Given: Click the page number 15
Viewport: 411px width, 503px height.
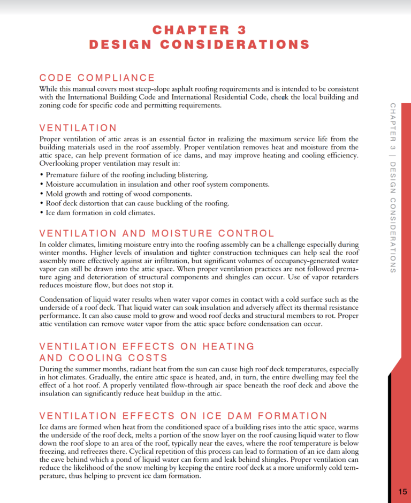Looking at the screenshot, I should (x=402, y=492).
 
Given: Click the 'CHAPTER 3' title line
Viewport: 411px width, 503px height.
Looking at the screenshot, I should (x=199, y=30).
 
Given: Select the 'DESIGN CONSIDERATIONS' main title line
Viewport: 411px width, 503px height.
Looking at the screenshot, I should (x=199, y=44).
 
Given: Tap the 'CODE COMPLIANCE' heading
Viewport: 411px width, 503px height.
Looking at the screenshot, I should (x=97, y=78).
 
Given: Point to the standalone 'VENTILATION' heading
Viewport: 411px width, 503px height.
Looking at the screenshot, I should (x=78, y=128).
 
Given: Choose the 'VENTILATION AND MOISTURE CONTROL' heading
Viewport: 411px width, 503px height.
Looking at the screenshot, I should (x=157, y=233).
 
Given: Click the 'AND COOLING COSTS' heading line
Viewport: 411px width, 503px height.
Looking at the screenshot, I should (x=103, y=357).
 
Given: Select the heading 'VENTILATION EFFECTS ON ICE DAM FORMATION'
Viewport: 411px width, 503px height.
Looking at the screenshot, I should (x=183, y=416).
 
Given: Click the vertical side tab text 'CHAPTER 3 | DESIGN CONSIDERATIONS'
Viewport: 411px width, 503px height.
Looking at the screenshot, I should (x=393, y=187).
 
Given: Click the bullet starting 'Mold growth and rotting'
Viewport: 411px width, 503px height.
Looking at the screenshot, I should (x=119, y=194).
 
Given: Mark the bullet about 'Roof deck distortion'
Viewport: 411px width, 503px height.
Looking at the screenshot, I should (x=138, y=203).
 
